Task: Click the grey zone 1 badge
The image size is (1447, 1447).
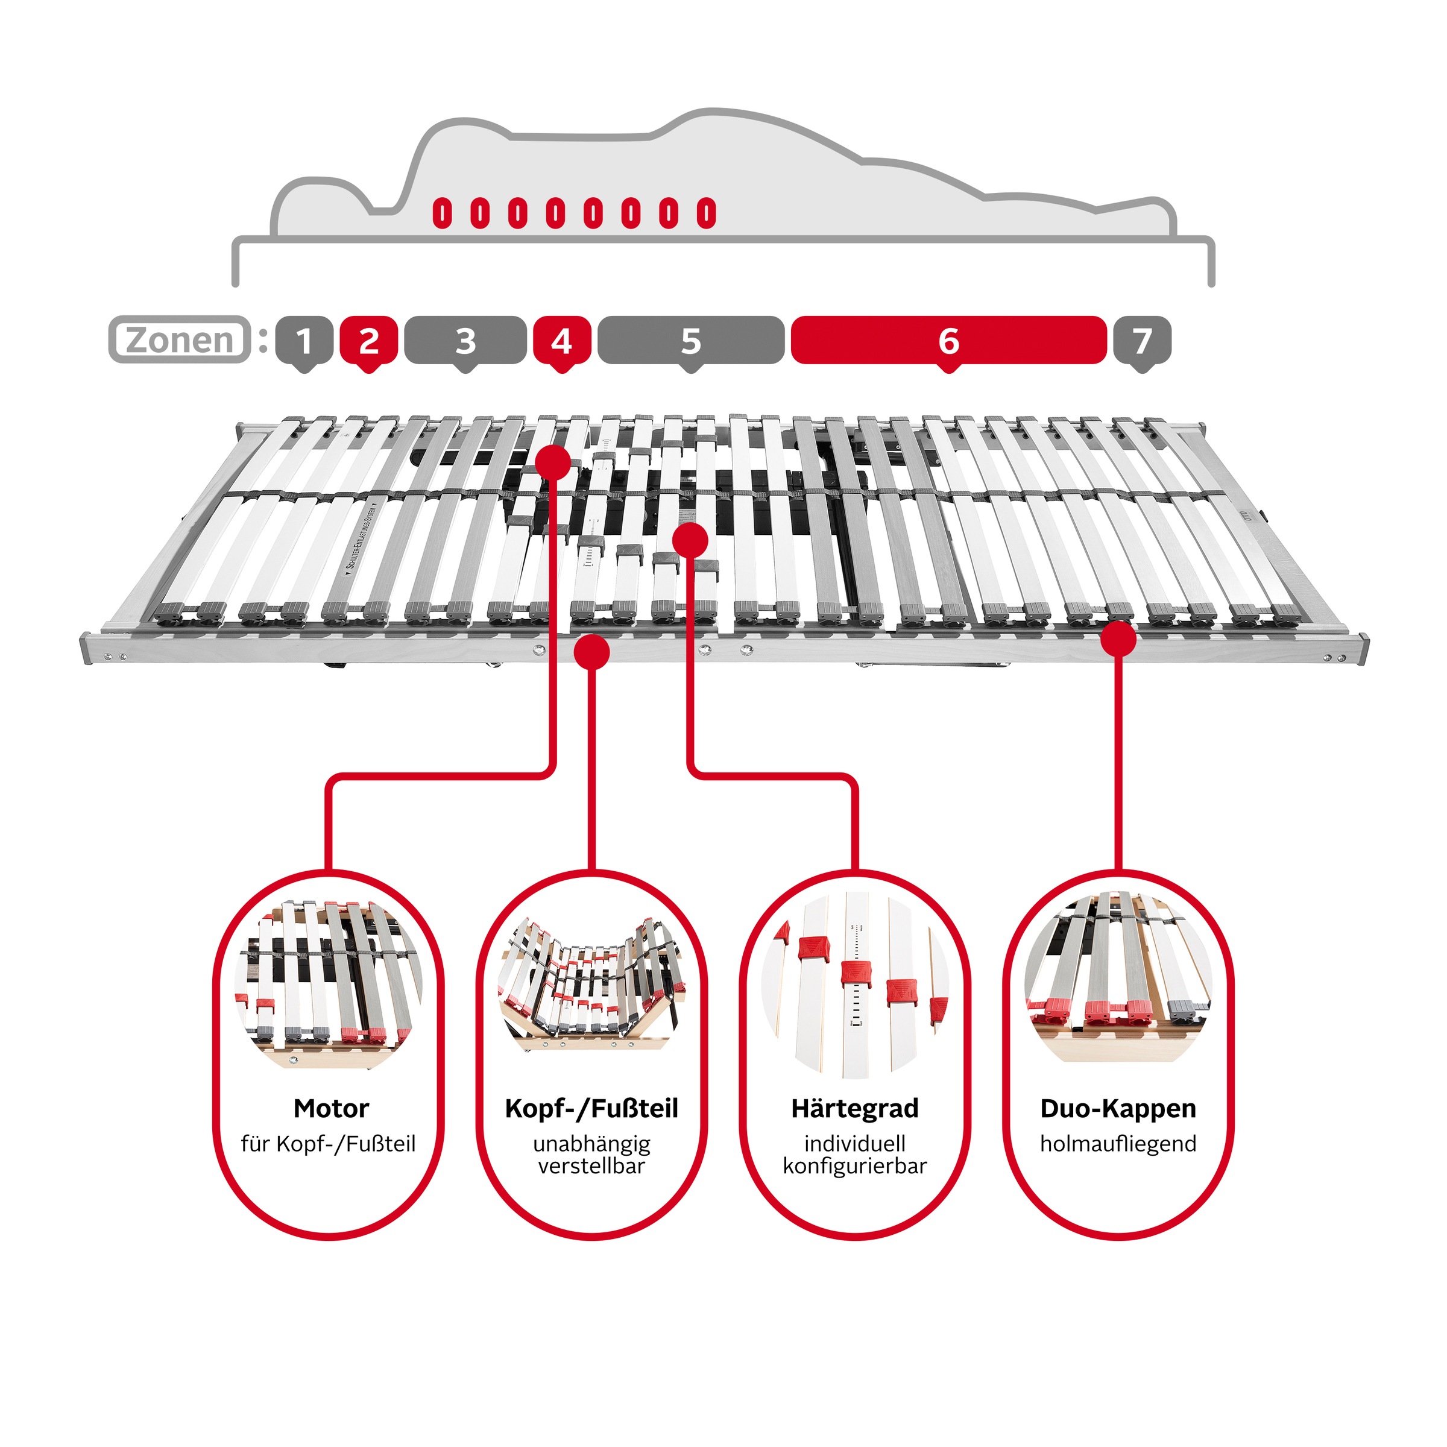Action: point(304,341)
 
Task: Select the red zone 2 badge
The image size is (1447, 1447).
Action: point(368,341)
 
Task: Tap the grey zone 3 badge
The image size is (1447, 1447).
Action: point(465,341)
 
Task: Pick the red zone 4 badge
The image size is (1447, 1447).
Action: point(562,341)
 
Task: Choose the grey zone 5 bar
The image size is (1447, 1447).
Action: point(690,341)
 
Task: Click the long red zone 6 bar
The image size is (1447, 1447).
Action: point(948,341)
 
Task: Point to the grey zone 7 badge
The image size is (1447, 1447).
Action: point(1141,341)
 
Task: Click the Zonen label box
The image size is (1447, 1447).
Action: point(180,340)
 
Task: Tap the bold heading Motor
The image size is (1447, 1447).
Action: point(331,1109)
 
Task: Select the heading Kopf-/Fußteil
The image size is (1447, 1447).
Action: point(591,1109)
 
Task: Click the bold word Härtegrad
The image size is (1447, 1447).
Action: point(854,1109)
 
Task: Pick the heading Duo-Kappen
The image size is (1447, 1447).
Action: point(1118,1109)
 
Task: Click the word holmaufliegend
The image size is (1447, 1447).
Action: point(1118,1144)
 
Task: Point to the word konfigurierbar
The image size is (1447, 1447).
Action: point(854,1166)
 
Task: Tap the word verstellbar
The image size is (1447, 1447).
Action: point(591,1166)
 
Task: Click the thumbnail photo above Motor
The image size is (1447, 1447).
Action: point(330,981)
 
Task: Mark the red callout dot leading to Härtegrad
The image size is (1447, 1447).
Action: point(690,539)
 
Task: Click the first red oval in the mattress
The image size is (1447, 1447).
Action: point(443,213)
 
